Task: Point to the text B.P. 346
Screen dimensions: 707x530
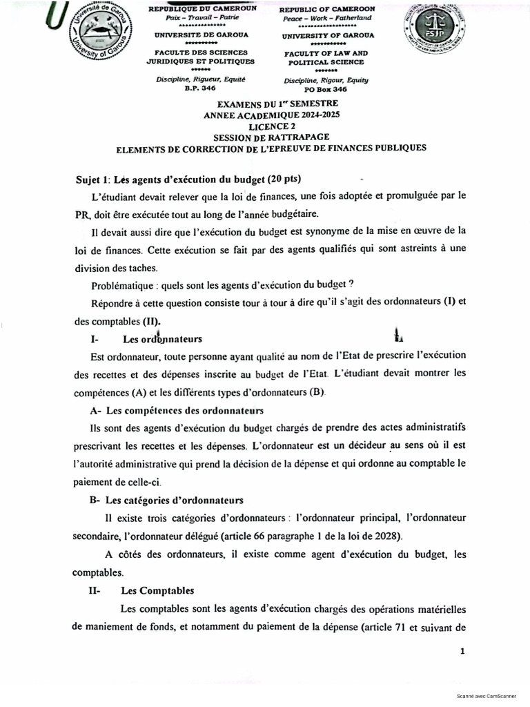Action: pos(200,88)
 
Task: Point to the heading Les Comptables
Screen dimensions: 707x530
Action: pos(157,590)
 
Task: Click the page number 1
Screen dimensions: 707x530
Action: pos(462,651)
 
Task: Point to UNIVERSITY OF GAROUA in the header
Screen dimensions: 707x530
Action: pos(328,35)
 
